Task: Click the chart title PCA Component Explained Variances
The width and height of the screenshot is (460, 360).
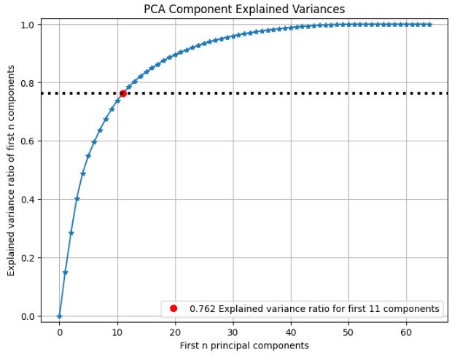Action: [245, 9]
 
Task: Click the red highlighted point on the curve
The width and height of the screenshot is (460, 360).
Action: [123, 93]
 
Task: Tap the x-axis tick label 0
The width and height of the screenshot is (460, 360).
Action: [59, 332]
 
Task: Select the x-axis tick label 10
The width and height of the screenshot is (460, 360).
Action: [117, 332]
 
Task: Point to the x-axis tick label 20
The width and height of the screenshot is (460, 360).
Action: [175, 332]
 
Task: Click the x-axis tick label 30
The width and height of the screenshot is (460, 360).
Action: [233, 332]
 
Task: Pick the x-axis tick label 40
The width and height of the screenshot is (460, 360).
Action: [291, 332]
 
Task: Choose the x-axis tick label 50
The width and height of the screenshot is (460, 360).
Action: [348, 332]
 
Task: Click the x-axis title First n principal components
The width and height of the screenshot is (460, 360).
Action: [245, 345]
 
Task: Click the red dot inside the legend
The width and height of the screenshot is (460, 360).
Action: [174, 308]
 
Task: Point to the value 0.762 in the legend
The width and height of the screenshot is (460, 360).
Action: [202, 308]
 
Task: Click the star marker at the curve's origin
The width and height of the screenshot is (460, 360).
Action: [59, 316]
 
